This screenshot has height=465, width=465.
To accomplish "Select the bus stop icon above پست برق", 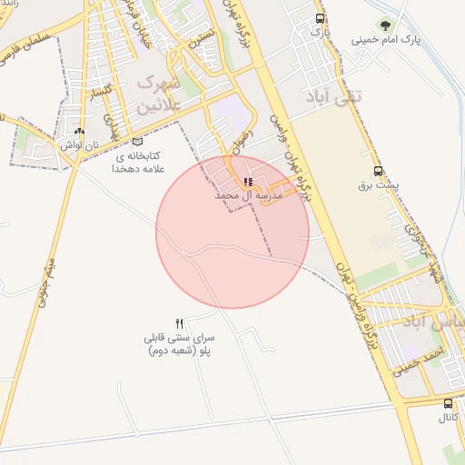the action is pos(378,171).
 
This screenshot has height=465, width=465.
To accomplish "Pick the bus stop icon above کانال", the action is pos(448,403).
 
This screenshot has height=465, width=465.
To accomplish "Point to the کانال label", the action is pos(448,419).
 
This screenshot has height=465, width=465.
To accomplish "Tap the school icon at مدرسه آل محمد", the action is pos(248,182).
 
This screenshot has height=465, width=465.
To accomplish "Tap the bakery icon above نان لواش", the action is pos(80,132).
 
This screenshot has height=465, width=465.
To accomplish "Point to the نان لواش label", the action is pos(79,145).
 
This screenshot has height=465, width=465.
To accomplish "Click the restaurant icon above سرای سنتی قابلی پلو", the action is pos(180,323).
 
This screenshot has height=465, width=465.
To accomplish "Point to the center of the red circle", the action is pos(232,232).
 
